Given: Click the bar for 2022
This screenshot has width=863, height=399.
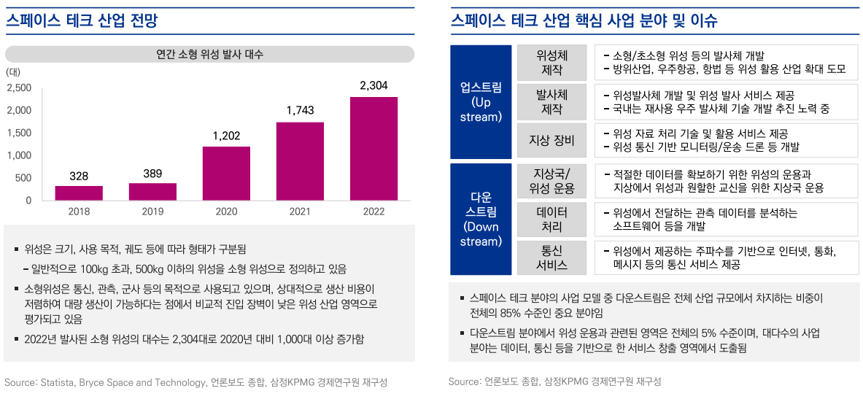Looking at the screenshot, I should [x=374, y=148].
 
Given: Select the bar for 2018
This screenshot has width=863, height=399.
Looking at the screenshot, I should [x=79, y=193].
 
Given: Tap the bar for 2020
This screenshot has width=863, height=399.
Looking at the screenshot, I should [x=226, y=173].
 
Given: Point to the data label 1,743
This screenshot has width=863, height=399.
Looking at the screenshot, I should [x=300, y=110].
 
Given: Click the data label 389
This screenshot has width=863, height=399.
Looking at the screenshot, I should [x=152, y=174].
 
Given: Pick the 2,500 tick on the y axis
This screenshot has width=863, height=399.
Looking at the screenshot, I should [x=19, y=88].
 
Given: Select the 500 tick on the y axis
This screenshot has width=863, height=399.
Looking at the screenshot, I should [x=24, y=178].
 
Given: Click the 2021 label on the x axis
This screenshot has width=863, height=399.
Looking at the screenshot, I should [x=300, y=212].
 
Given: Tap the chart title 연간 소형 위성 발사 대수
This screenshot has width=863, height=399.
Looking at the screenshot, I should [x=210, y=55].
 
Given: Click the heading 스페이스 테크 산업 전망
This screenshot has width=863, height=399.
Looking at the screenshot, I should [x=82, y=20].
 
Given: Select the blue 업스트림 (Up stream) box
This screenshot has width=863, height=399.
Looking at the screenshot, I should [x=481, y=101].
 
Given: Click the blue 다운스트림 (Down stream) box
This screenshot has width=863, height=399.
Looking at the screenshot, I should [x=481, y=219].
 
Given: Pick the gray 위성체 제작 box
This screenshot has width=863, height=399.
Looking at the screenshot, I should [x=552, y=63].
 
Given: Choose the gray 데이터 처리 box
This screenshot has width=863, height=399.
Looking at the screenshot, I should [x=552, y=219].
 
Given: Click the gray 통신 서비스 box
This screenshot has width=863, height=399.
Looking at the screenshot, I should [x=552, y=257].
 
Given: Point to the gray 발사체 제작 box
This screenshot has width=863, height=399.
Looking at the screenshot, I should [x=552, y=102].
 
